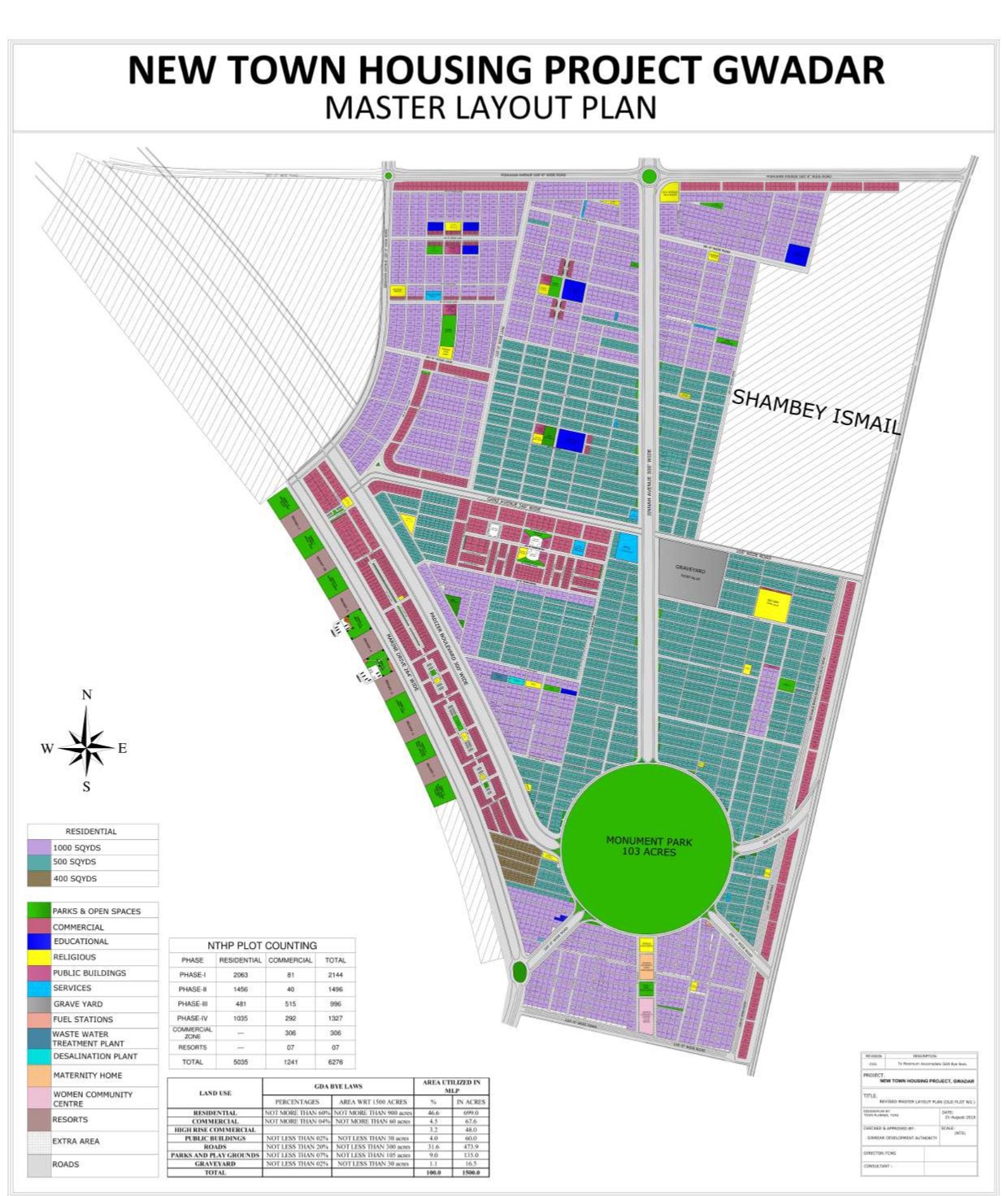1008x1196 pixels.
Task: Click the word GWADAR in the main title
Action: [798, 70]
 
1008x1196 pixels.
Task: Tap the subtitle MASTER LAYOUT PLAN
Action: [490, 107]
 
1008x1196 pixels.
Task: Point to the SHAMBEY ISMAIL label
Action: [816, 411]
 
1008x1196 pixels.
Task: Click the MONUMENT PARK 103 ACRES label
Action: [649, 846]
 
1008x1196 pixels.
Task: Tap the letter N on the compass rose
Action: [87, 694]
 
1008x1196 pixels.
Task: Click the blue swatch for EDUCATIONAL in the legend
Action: [39, 942]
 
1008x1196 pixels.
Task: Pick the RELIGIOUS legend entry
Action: [74, 957]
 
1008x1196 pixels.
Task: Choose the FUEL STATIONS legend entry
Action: [83, 1019]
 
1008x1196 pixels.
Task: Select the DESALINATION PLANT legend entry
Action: [95, 1056]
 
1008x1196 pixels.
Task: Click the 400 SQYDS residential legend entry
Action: [75, 879]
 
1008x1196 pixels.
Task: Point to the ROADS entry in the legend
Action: [66, 1164]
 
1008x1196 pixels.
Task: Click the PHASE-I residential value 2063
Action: [240, 974]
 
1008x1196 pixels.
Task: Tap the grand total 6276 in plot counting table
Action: [335, 1062]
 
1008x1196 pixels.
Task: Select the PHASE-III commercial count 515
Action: [290, 1004]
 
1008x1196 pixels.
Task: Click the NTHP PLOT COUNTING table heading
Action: [262, 946]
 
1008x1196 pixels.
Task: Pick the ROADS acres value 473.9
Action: [471, 1146]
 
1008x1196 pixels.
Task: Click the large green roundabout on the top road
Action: [649, 176]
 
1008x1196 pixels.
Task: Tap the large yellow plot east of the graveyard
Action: [772, 606]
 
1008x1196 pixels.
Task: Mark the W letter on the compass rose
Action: [47, 748]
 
